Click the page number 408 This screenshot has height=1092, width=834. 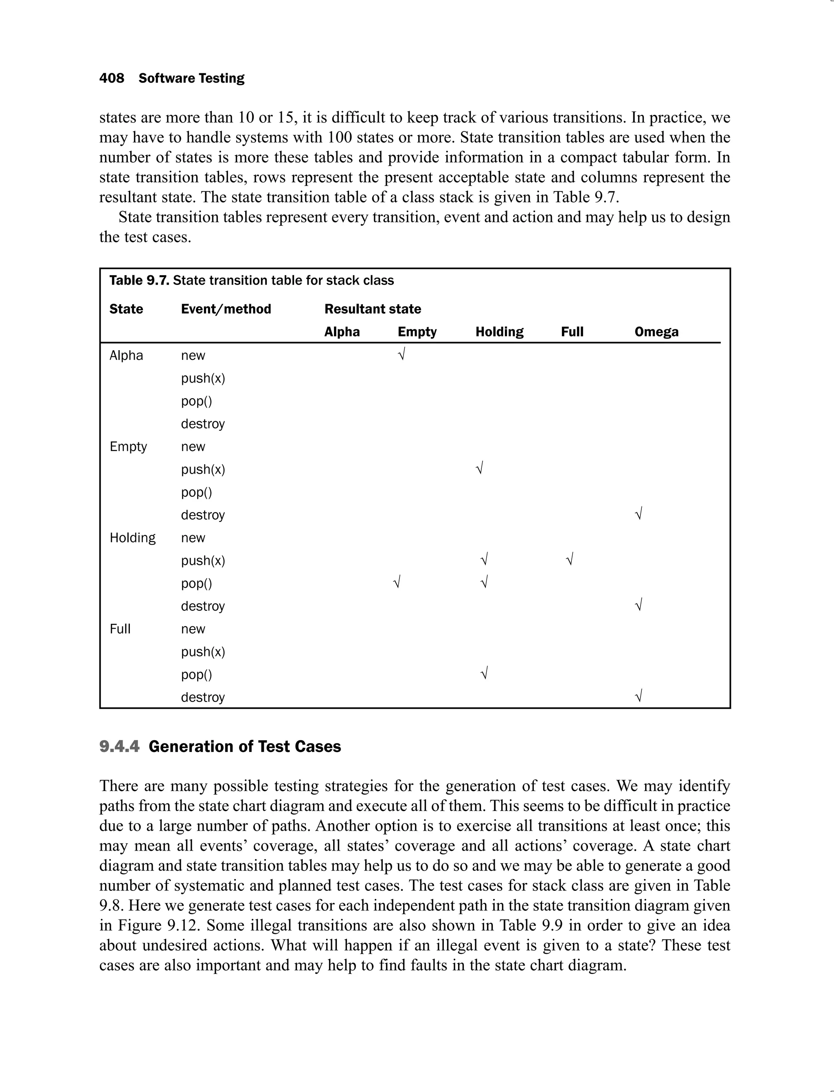pyautogui.click(x=112, y=79)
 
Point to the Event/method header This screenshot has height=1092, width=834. pyautogui.click(x=226, y=309)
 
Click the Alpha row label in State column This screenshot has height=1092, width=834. pyautogui.click(x=126, y=355)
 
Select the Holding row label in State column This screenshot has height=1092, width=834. pyautogui.click(x=132, y=537)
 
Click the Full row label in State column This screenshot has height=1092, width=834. pyautogui.click(x=120, y=629)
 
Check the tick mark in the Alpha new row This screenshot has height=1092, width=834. pyautogui.click(x=402, y=354)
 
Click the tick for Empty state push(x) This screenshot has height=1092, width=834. pyautogui.click(x=479, y=468)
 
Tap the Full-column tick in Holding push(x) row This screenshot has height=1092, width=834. pyautogui.click(x=569, y=559)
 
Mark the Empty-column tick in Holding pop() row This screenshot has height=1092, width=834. pyautogui.click(x=396, y=582)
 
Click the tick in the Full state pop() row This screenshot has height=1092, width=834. pyautogui.click(x=485, y=673)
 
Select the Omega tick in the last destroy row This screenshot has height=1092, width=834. pyautogui.click(x=639, y=696)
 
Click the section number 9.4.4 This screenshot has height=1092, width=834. pyautogui.click(x=119, y=747)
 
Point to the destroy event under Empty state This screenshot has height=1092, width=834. pyautogui.click(x=202, y=515)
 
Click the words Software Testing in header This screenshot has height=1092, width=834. pyautogui.click(x=191, y=79)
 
